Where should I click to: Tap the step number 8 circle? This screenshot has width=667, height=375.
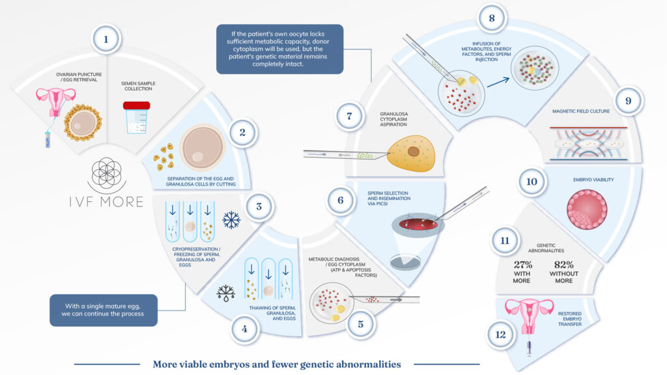coord(492,18)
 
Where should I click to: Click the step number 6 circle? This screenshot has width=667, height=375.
coord(340,201)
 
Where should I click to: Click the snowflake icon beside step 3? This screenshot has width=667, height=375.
coord(231,221)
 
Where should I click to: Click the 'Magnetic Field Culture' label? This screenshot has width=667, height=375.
coord(580,111)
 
